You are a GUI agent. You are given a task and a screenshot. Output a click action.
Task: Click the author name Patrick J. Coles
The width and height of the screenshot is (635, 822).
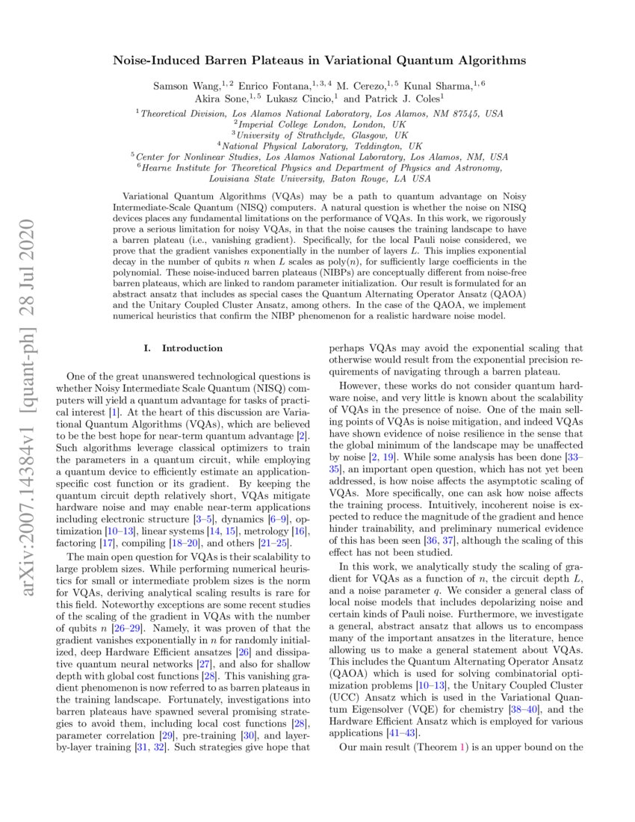pos(404,99)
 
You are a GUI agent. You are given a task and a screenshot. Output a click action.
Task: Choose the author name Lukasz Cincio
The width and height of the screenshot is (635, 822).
pos(304,99)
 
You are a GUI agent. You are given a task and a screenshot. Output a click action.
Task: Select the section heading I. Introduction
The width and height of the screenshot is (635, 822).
pos(182,348)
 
